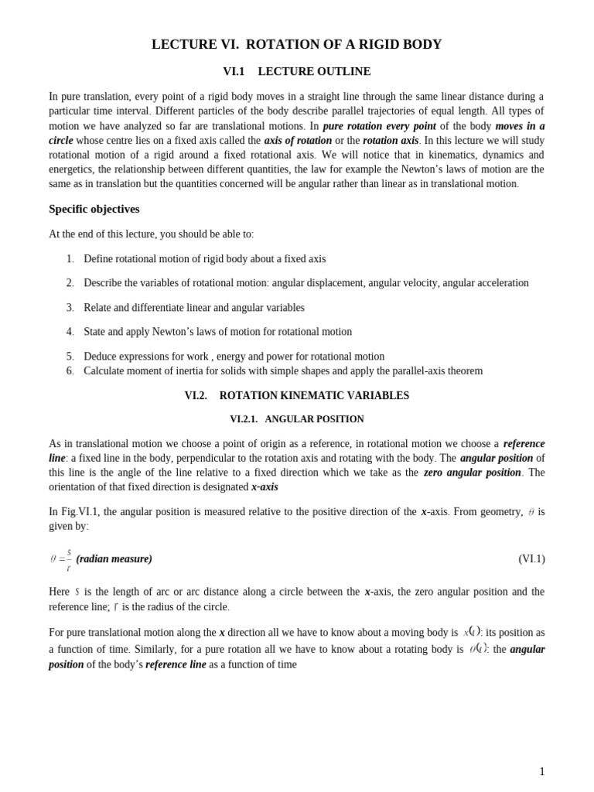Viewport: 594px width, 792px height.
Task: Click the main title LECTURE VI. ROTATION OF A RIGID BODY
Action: (x=296, y=45)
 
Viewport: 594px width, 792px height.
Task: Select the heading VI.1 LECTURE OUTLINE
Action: (x=296, y=71)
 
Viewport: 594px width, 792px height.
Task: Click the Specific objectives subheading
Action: (x=94, y=209)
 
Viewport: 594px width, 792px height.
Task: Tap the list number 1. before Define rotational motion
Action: (x=70, y=259)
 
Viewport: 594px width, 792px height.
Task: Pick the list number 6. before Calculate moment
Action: (x=70, y=371)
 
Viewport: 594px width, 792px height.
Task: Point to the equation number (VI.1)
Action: (x=531, y=559)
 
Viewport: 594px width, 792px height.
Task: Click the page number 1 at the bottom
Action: (x=541, y=771)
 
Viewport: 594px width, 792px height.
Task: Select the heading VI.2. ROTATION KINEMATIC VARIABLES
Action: (x=296, y=396)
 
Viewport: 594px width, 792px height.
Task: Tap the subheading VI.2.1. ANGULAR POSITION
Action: (x=296, y=419)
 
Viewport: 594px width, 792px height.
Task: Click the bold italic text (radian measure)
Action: (x=114, y=559)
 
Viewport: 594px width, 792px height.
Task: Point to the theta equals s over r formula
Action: (x=61, y=559)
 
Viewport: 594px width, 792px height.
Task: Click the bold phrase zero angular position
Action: (x=472, y=473)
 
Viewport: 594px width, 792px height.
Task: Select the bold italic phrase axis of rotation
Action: (x=298, y=141)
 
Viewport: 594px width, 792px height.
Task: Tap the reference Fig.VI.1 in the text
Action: (x=80, y=512)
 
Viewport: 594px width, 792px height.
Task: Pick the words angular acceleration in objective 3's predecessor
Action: (x=486, y=283)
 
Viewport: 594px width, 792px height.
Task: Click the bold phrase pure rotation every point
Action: (x=379, y=126)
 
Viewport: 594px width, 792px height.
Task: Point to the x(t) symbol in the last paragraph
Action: (x=472, y=632)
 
